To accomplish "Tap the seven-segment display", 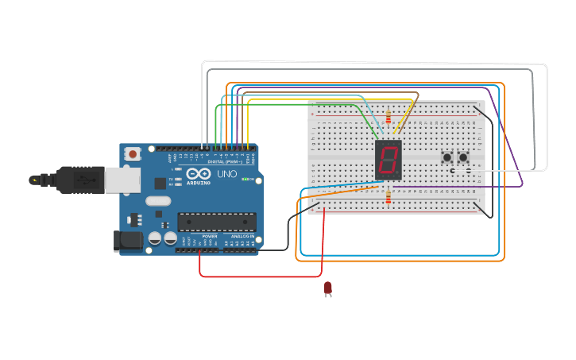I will pos(388,160).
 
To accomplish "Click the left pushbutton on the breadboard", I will pos(446,157).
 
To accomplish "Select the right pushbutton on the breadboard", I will pos(463,157).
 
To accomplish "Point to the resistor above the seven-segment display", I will pos(388,118).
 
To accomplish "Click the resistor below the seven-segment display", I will pos(388,197).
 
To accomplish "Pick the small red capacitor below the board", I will pos(327,288).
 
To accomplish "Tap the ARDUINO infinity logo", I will pos(196,175).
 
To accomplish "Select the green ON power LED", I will pos(245,179).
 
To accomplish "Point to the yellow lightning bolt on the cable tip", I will pos(34,180).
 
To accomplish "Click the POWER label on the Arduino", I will pos(210,236).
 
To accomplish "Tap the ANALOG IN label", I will pos(242,236).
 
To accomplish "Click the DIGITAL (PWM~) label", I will pos(222,161).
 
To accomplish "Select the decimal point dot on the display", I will pos(398,174).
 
